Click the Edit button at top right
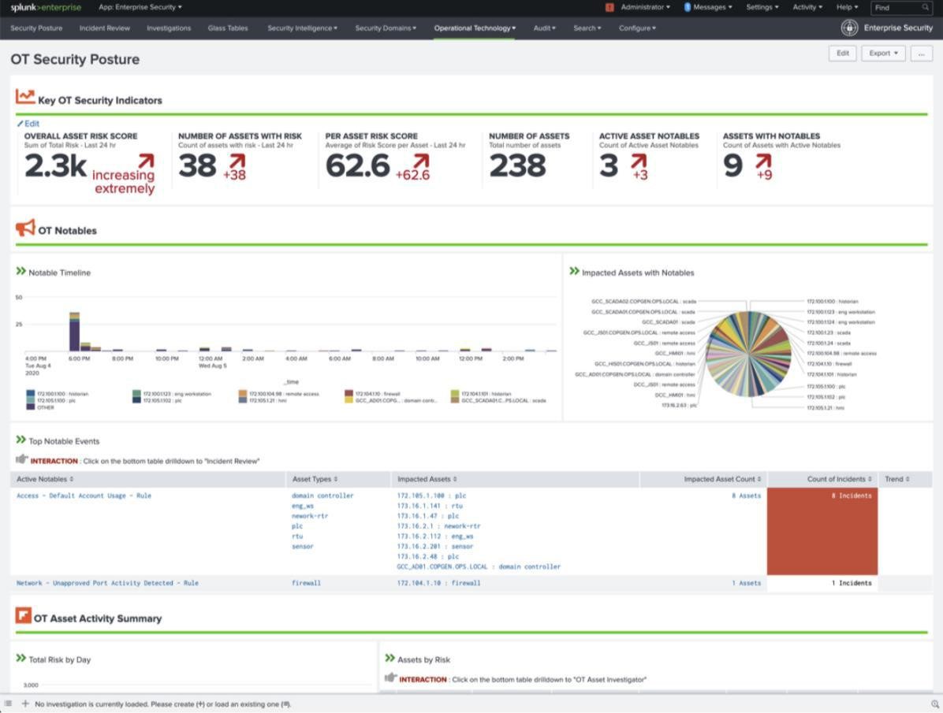point(842,54)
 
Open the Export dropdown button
point(882,54)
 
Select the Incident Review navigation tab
point(104,28)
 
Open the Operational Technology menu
point(475,28)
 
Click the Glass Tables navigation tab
point(228,28)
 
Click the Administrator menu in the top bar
point(645,8)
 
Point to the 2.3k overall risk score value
point(55,166)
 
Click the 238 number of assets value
point(517,166)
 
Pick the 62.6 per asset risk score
point(357,166)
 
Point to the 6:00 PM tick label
point(79,358)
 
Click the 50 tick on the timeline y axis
point(19,298)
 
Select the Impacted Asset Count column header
point(722,479)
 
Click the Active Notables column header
point(45,479)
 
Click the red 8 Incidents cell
point(822,531)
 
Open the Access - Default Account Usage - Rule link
point(84,496)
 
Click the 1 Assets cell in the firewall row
point(746,583)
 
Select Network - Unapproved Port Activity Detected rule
point(107,583)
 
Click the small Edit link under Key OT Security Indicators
point(28,124)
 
